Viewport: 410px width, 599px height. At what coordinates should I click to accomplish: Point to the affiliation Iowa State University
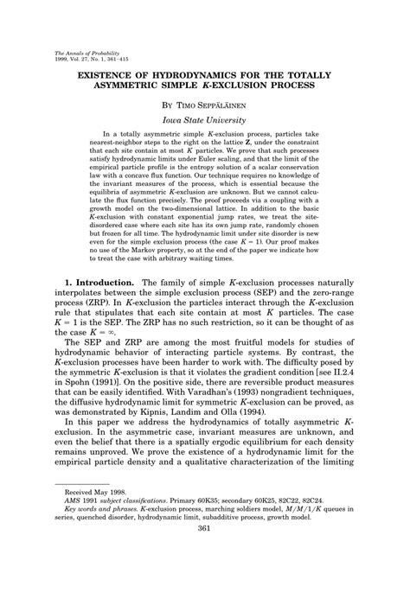tap(205, 123)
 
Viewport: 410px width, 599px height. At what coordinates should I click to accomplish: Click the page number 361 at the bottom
tap(205, 577)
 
